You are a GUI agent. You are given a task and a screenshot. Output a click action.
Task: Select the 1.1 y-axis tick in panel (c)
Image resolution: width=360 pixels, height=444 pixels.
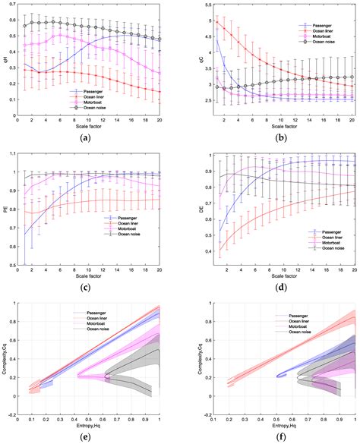click(11, 153)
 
